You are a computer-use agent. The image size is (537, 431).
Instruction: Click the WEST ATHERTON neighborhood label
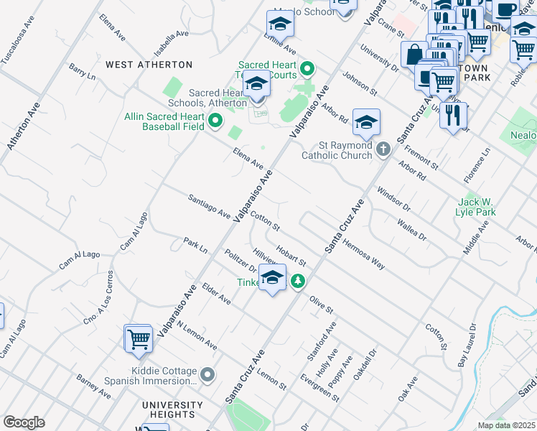click(x=149, y=65)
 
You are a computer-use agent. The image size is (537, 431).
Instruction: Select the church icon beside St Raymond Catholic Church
click(x=383, y=149)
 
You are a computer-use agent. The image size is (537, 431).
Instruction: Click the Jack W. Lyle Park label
click(x=475, y=207)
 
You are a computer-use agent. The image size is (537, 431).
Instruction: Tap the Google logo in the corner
click(x=24, y=422)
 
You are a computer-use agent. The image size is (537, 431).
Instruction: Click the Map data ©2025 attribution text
click(x=506, y=425)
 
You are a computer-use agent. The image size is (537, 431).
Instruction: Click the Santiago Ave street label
click(x=209, y=207)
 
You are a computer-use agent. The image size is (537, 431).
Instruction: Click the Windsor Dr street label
click(x=394, y=198)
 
